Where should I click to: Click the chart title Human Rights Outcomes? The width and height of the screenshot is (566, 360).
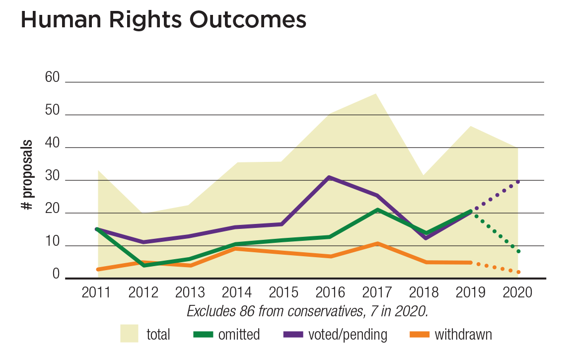163,20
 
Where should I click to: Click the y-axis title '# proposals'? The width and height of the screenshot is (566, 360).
28,175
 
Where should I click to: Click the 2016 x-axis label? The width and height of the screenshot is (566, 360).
330,292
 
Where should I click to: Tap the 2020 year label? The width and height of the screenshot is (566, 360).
517,292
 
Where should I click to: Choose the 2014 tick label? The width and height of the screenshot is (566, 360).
236,292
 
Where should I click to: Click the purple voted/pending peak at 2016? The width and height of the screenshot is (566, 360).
330,177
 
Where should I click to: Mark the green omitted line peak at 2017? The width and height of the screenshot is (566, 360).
377,210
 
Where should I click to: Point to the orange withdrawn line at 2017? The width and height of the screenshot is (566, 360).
377,243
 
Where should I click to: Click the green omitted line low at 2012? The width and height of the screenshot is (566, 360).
144,265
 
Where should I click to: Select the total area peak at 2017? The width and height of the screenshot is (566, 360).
376,94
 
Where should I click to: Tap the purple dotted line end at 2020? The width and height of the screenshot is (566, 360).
518,182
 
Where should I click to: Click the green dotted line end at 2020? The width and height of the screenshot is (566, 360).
518,251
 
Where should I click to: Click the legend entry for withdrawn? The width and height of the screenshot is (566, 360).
463,335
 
